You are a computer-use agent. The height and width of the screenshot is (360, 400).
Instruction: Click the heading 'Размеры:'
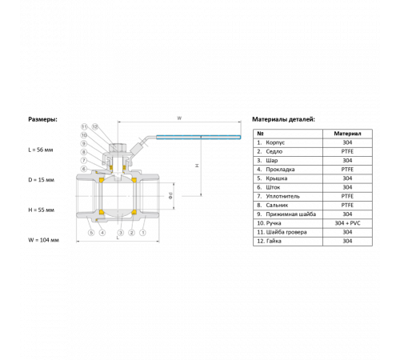[x=42, y=119]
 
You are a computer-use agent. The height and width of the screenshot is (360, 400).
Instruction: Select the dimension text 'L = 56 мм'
[x=41, y=150]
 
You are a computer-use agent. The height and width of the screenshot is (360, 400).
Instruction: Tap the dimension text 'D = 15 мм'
[x=41, y=180]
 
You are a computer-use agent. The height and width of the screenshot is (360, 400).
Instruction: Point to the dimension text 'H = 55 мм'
[x=41, y=210]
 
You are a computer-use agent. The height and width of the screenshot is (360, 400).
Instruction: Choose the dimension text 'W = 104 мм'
[x=43, y=240]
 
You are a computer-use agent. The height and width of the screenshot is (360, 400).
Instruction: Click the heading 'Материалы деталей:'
[x=283, y=119]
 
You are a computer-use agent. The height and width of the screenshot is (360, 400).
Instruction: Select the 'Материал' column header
[x=347, y=134]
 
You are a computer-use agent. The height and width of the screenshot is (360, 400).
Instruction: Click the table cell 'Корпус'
[x=275, y=142]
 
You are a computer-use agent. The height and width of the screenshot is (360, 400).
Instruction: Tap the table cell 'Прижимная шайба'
[x=291, y=214]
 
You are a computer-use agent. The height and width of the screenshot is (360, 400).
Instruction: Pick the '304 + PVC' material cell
[x=347, y=223]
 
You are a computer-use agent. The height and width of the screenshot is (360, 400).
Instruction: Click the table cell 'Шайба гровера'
[x=286, y=232]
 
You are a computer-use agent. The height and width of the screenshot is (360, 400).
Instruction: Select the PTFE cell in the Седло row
[x=347, y=151]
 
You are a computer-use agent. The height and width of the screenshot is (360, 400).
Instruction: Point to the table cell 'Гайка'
[x=274, y=241]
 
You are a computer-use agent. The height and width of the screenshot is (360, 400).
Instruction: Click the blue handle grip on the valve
[x=198, y=138]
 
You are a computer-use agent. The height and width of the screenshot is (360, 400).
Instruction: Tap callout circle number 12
[x=95, y=126]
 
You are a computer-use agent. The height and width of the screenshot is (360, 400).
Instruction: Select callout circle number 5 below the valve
[x=91, y=233]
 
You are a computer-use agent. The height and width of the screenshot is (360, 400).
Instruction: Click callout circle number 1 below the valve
[x=143, y=233]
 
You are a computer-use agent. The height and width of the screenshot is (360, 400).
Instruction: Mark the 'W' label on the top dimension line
[x=179, y=118]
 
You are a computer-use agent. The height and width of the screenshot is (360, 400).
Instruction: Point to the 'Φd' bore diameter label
[x=170, y=196]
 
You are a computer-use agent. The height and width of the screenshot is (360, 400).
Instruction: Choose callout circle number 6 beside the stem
[x=84, y=169]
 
